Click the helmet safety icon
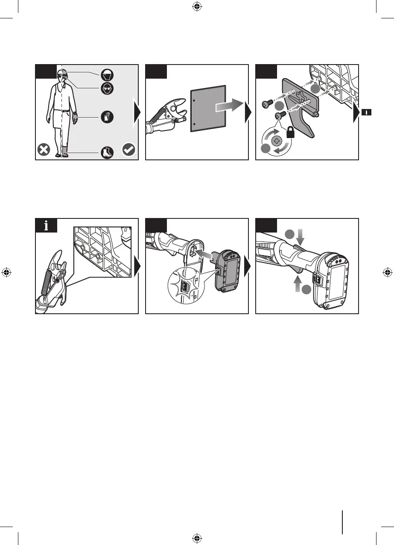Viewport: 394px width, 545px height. pyautogui.click(x=107, y=76)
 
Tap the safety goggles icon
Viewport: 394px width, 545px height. pyautogui.click(x=107, y=89)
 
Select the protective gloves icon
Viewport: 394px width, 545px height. pyautogui.click(x=107, y=117)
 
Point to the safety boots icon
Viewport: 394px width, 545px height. pyautogui.click(x=107, y=152)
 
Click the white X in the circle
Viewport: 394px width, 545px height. pyautogui.click(x=44, y=150)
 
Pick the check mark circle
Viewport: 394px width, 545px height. pyautogui.click(x=128, y=150)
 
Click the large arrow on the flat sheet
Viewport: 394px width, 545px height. pyautogui.click(x=229, y=107)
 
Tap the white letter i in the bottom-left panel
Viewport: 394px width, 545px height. pyautogui.click(x=46, y=226)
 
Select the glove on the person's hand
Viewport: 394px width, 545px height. pyautogui.click(x=75, y=117)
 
